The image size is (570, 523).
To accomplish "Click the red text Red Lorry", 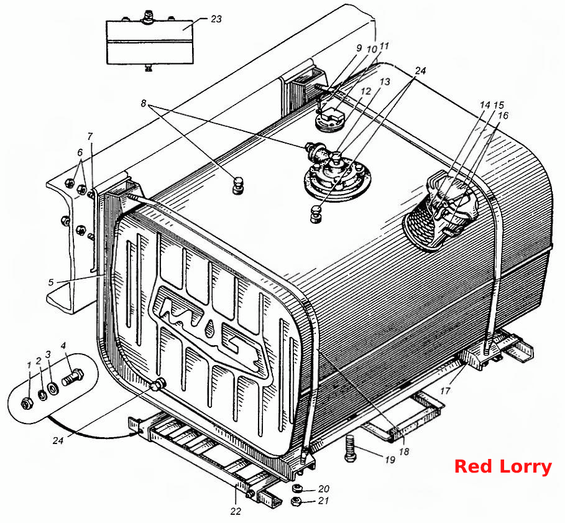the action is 503,466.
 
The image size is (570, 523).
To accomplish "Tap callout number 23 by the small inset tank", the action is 216,19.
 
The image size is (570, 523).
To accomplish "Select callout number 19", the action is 390,460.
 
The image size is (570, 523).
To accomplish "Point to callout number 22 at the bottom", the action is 236,511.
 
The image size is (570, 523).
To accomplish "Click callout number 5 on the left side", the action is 51,282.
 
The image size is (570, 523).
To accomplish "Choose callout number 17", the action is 445,391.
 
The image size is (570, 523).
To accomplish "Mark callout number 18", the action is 404,451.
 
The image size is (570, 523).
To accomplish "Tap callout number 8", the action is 144,104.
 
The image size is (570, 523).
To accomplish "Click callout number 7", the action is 90,136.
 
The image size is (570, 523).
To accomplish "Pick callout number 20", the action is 323,489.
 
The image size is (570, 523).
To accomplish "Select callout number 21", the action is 323,501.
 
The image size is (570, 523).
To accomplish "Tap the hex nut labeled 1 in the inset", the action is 27,403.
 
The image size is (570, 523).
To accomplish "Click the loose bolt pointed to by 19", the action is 351,448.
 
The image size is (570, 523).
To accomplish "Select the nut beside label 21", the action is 297,501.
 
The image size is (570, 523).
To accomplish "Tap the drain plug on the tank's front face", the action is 159,384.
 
